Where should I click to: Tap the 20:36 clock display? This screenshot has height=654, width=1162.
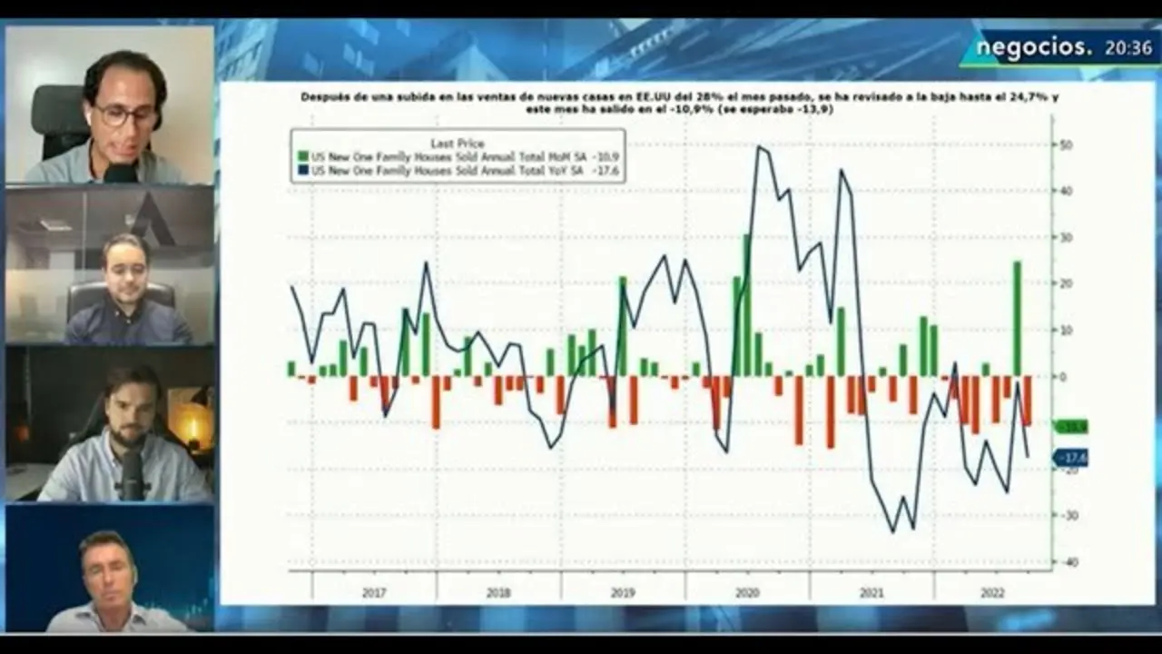1128,48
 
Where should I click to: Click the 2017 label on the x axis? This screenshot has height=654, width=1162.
374,593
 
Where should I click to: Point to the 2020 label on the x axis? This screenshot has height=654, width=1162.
747,593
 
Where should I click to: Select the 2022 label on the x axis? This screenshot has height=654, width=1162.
992,593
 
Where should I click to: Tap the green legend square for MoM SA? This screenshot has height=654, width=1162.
302,156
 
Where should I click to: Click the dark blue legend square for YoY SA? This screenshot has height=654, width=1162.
302,170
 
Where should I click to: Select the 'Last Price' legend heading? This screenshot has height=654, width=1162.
457,143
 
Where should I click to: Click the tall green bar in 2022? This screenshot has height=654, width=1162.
1017,318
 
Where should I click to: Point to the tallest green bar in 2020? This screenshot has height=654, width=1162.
746,304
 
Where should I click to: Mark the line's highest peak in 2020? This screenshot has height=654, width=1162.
759,147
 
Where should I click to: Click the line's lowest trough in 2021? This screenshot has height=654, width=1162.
892,531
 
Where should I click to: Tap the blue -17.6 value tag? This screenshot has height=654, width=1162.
1071,458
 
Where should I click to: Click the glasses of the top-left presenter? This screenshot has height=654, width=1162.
125,115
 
